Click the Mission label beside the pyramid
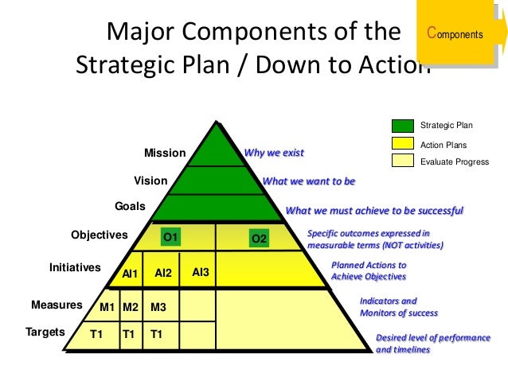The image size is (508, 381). [164, 153]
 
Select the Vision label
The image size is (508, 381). [150, 181]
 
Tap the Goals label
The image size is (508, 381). [130, 206]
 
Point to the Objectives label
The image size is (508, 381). [99, 235]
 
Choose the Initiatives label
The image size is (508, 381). [75, 267]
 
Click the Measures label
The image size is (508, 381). [57, 305]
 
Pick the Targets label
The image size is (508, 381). [45, 332]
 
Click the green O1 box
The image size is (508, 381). [170, 236]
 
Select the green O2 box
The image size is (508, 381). [259, 238]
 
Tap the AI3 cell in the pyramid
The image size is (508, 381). [201, 272]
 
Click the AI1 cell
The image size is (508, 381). [131, 274]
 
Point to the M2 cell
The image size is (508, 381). [131, 306]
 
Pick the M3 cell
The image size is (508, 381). [158, 306]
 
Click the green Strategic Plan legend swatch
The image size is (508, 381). [402, 125]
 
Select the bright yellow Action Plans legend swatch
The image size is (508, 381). [402, 144]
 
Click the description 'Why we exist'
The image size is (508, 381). [273, 152]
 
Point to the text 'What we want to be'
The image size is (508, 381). [308, 181]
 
